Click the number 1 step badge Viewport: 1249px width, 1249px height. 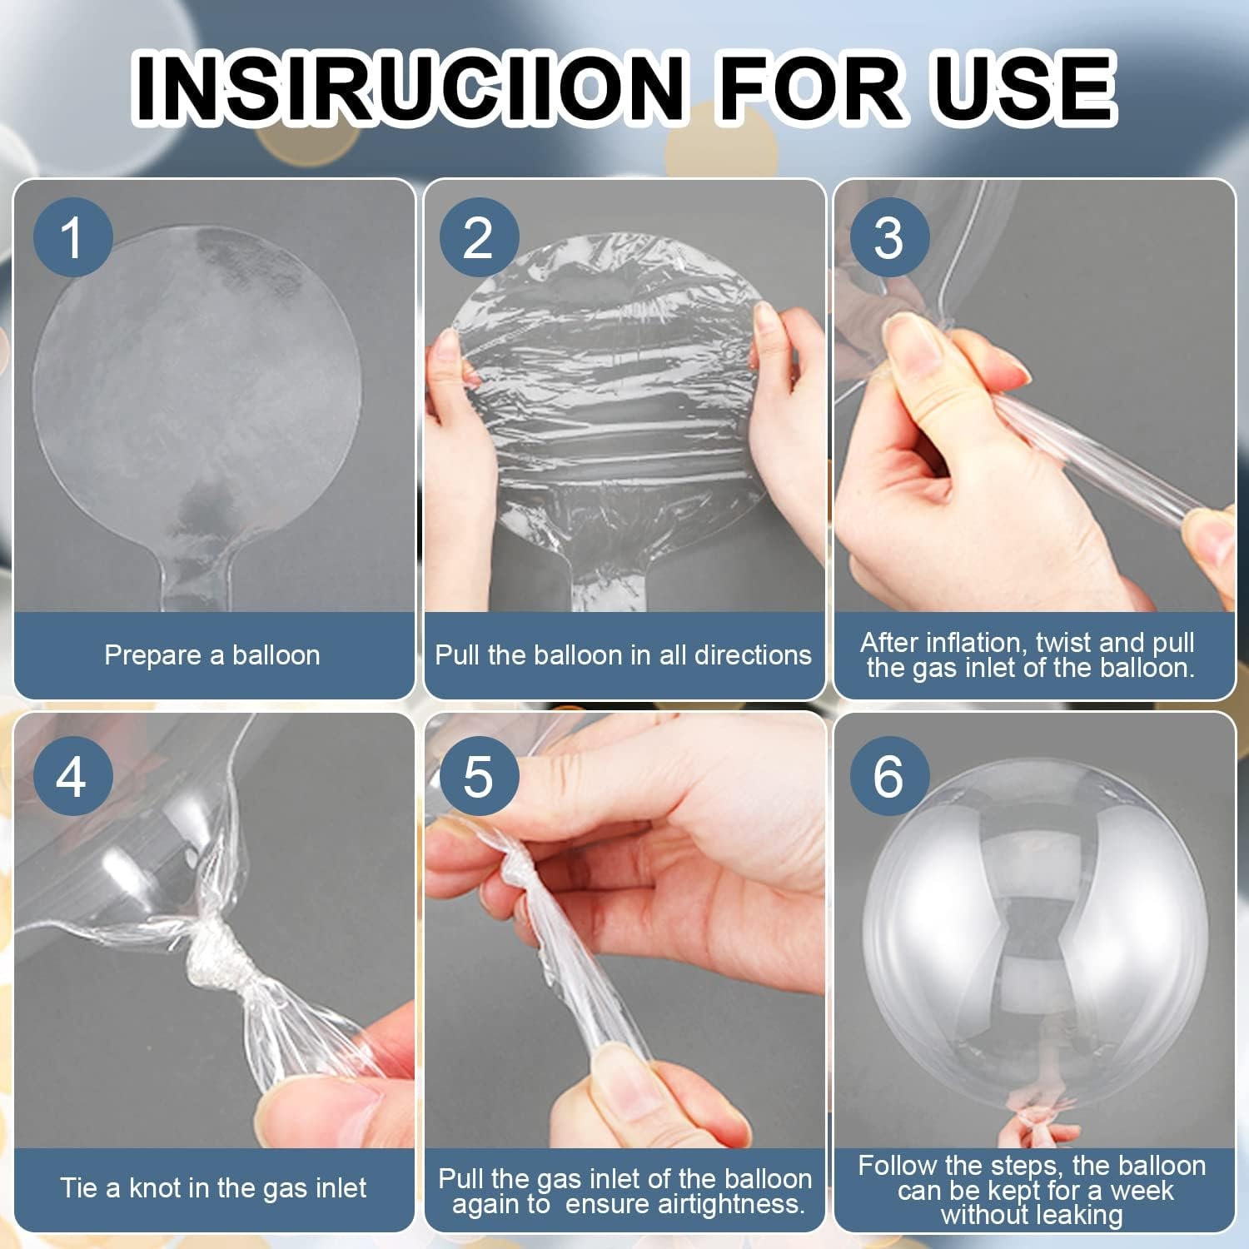click(72, 237)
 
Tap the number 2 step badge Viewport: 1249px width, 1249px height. click(478, 237)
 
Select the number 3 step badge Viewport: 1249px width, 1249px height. click(888, 237)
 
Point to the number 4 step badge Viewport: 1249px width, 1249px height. click(72, 776)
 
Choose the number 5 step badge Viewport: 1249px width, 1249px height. click(478, 776)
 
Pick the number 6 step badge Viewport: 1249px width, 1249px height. click(888, 776)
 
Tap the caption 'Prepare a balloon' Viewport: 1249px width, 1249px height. click(212, 655)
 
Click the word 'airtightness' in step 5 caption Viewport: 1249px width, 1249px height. click(726, 1204)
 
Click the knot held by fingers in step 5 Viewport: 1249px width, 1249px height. click(519, 866)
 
